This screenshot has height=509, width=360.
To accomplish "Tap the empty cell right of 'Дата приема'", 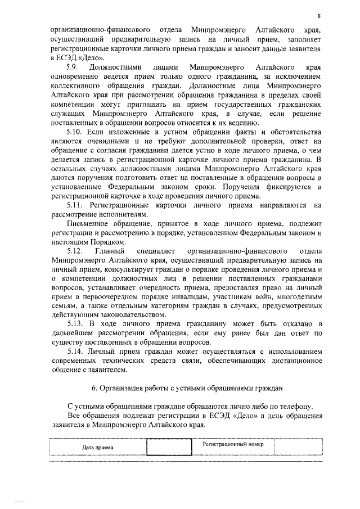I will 168,447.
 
